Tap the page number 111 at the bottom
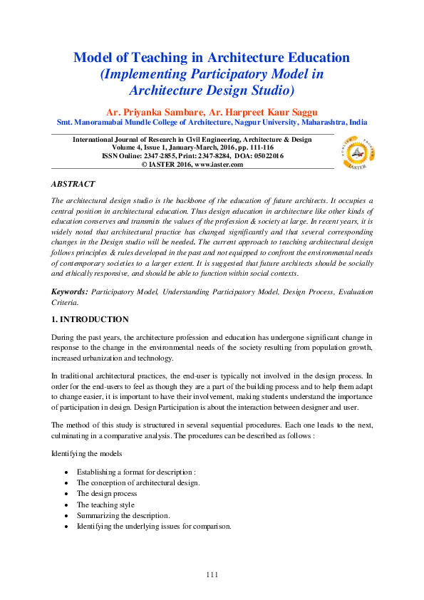(212, 574)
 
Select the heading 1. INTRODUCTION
(91, 319)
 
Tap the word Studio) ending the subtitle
(264, 90)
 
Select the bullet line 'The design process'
(107, 493)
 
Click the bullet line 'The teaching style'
(105, 504)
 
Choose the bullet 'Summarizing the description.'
(123, 514)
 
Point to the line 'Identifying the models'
(87, 452)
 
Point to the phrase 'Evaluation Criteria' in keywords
(347, 291)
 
